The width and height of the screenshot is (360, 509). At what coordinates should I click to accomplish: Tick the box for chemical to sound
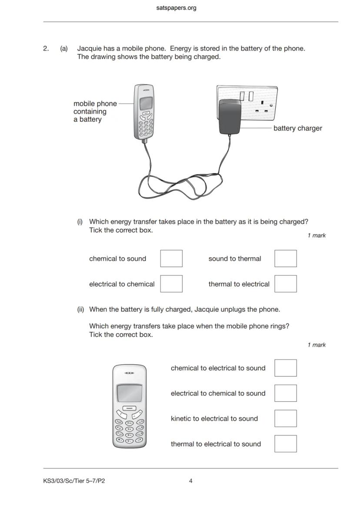(x=171, y=259)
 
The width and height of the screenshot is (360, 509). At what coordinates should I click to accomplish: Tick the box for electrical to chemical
(x=171, y=284)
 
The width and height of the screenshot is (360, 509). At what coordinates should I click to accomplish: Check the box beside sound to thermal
(x=286, y=259)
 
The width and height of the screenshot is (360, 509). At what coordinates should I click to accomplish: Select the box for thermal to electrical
(x=286, y=284)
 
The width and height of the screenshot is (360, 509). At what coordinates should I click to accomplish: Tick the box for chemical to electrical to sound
(x=286, y=368)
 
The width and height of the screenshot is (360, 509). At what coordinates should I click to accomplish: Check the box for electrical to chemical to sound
(x=286, y=393)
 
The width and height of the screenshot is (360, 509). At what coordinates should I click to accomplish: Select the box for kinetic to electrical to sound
(x=286, y=419)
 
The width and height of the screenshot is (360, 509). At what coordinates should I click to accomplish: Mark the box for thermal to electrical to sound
(x=286, y=444)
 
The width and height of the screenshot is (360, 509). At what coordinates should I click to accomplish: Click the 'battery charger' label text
(x=297, y=128)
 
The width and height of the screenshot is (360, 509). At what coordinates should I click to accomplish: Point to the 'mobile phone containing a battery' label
(x=95, y=111)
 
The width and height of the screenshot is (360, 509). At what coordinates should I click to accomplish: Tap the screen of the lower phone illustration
(x=129, y=393)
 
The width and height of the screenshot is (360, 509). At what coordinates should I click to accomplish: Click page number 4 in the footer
(x=191, y=481)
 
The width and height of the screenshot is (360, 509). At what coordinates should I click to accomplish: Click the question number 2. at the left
(x=46, y=49)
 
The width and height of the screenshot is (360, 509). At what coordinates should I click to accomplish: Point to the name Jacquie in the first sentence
(x=89, y=49)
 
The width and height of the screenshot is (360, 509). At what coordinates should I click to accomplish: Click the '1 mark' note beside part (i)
(x=317, y=236)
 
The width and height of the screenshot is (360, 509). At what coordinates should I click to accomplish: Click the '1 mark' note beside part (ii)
(x=317, y=345)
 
